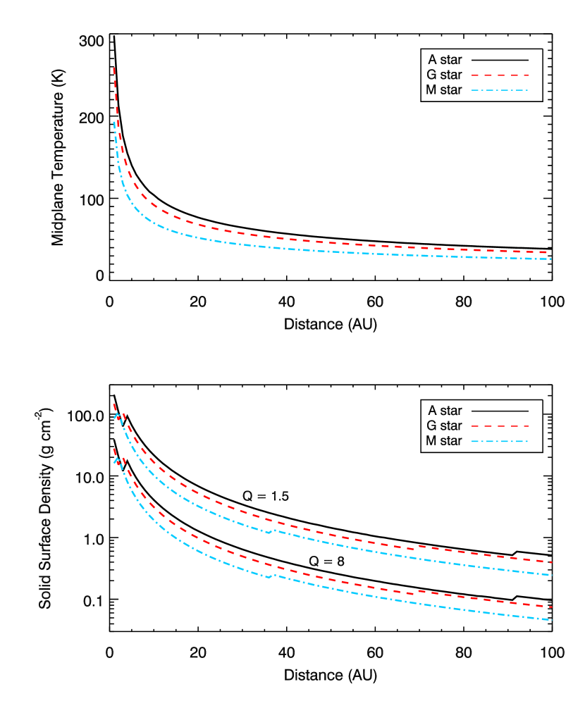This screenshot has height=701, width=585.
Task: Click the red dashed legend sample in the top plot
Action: tap(500, 75)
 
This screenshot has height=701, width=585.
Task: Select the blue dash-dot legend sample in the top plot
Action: tap(500, 90)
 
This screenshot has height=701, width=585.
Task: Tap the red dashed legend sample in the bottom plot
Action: tap(500, 426)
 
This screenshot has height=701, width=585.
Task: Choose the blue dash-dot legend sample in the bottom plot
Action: tap(500, 442)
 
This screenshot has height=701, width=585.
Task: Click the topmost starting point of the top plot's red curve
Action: tap(114, 68)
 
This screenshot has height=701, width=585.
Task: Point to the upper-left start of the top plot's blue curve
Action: tap(115, 122)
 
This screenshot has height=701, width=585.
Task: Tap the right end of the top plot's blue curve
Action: tap(550, 259)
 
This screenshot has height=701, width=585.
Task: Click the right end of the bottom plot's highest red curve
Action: tap(551, 562)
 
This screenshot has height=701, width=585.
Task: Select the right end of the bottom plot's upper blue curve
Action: tap(551, 575)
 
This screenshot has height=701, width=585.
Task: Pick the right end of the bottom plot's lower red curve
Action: tap(551, 607)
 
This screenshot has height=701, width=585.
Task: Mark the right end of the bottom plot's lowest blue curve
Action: tap(551, 620)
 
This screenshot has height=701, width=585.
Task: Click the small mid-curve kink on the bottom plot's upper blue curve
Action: tap(269, 533)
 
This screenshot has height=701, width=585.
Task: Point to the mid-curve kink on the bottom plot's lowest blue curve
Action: tap(269, 577)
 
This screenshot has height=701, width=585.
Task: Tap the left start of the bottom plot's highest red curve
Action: tap(114, 404)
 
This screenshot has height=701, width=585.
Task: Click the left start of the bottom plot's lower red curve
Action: tap(114, 449)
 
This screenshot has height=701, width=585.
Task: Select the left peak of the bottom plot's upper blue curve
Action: tap(117, 415)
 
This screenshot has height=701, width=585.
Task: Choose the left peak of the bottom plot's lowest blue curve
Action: tap(117, 459)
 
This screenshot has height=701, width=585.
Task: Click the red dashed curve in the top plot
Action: tap(282, 238)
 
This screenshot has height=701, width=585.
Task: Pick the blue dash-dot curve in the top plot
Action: tap(282, 248)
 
